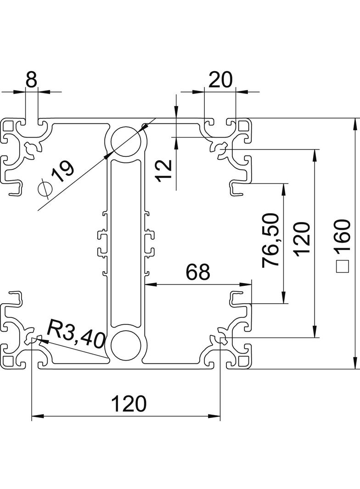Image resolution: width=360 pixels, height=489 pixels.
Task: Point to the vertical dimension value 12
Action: pyautogui.click(x=165, y=170)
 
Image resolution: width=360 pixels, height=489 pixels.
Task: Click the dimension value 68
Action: pyautogui.click(x=198, y=272)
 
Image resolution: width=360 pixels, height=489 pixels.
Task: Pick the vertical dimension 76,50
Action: pyautogui.click(x=270, y=240)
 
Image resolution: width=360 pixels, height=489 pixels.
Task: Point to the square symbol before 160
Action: pyautogui.click(x=342, y=267)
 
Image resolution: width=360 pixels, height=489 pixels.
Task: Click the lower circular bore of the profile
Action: pyautogui.click(x=125, y=345)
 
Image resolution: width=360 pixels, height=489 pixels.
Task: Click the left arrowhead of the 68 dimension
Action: pyautogui.click(x=150, y=284)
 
